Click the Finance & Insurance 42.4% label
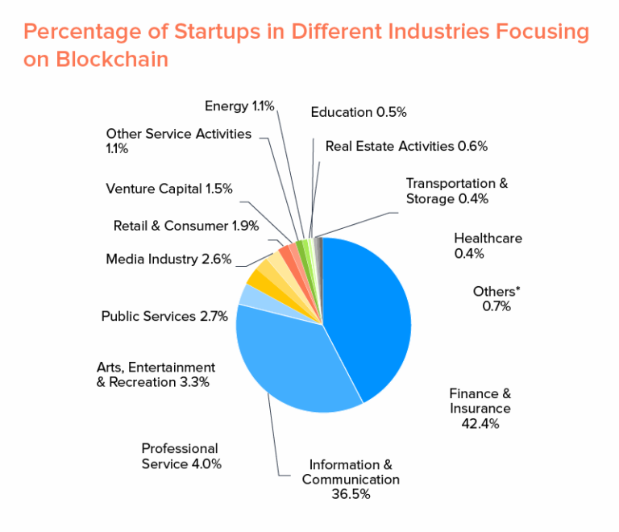pyautogui.click(x=480, y=408)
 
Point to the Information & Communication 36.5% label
pyautogui.click(x=351, y=479)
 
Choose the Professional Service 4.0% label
pyautogui.click(x=181, y=455)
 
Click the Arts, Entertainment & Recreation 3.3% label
pyautogui.click(x=156, y=374)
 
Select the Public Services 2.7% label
pyautogui.click(x=164, y=316)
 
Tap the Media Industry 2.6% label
pyautogui.click(x=168, y=259)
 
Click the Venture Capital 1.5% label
pyautogui.click(x=169, y=189)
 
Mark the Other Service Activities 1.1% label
pyautogui.click(x=178, y=141)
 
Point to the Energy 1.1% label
pyautogui.click(x=239, y=106)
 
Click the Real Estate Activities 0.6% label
pyautogui.click(x=406, y=146)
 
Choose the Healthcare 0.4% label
pyautogui.click(x=488, y=245)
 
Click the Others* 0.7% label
pyautogui.click(x=496, y=298)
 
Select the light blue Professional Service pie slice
pyautogui.click(x=249, y=295)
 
